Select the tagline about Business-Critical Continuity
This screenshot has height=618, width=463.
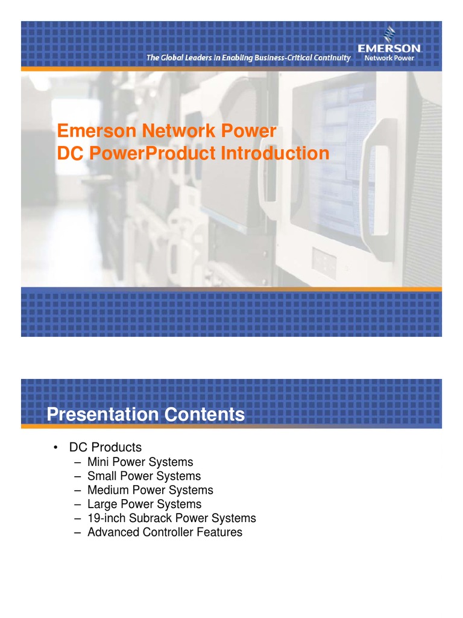(249, 58)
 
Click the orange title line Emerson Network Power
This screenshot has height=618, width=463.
(166, 131)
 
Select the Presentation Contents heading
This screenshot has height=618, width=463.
(146, 415)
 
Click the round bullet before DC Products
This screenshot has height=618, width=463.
(55, 448)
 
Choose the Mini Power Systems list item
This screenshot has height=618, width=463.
(140, 462)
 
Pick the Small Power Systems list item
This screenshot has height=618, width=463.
(143, 476)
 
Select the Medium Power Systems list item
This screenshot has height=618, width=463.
(150, 490)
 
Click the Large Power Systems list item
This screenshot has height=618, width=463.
(144, 504)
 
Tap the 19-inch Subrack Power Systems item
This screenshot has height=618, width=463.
(171, 518)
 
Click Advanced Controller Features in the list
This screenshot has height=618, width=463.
(165, 532)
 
